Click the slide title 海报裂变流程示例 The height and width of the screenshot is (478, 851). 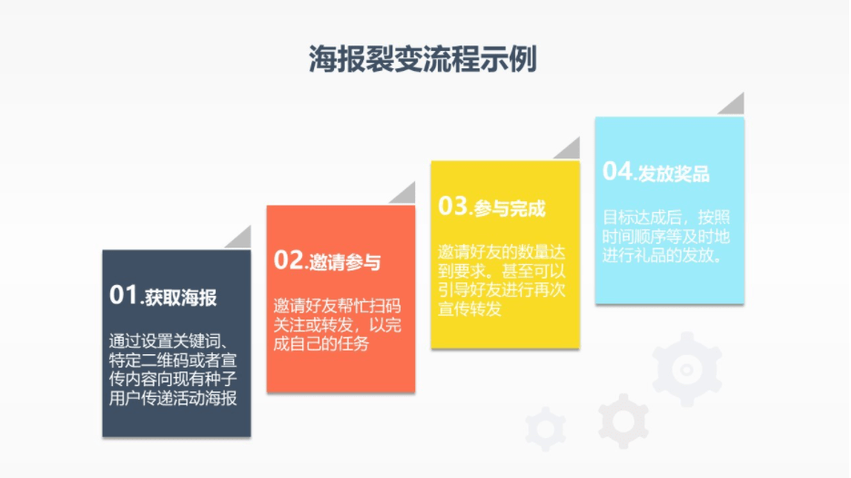[x=423, y=58]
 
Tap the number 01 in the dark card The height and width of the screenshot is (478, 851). [x=122, y=295]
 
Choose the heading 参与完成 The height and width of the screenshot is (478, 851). [x=509, y=208]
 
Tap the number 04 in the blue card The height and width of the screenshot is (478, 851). [x=616, y=171]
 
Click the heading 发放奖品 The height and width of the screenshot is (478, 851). [x=674, y=174]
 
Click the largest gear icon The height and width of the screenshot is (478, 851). [x=687, y=369]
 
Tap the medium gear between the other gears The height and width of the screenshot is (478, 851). [x=623, y=421]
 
